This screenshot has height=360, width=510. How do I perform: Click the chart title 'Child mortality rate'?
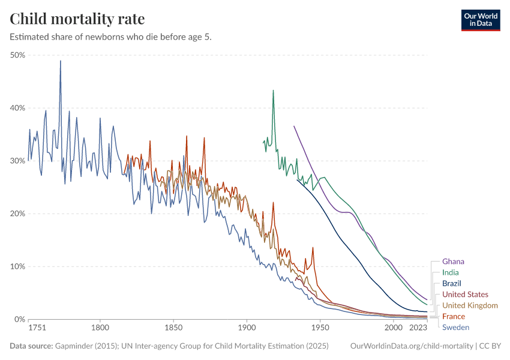[x=77, y=19]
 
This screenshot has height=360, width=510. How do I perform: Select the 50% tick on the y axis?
[x=17, y=55]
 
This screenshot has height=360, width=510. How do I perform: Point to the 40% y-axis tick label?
[x=17, y=108]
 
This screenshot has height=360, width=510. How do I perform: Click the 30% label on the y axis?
[x=17, y=161]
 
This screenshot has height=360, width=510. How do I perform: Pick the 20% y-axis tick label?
[x=17, y=214]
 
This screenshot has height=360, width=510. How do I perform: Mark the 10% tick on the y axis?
[x=17, y=266]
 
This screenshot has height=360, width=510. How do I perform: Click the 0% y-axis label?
[x=19, y=319]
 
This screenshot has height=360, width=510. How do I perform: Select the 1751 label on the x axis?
[x=37, y=328]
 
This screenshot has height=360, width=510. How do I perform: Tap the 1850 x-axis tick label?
[x=173, y=328]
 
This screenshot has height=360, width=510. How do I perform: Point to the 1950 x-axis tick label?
[x=320, y=328]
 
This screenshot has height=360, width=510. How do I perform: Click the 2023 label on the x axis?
[x=418, y=328]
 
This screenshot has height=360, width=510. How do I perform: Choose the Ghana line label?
[x=453, y=262]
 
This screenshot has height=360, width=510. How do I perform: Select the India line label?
[x=450, y=272]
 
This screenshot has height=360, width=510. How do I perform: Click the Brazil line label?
[x=452, y=283]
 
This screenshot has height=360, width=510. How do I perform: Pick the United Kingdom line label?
[x=470, y=305]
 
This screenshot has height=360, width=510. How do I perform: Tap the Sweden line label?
[x=455, y=327]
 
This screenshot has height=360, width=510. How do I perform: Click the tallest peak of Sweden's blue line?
[x=60, y=61]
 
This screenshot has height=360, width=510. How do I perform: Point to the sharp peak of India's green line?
[x=273, y=91]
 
